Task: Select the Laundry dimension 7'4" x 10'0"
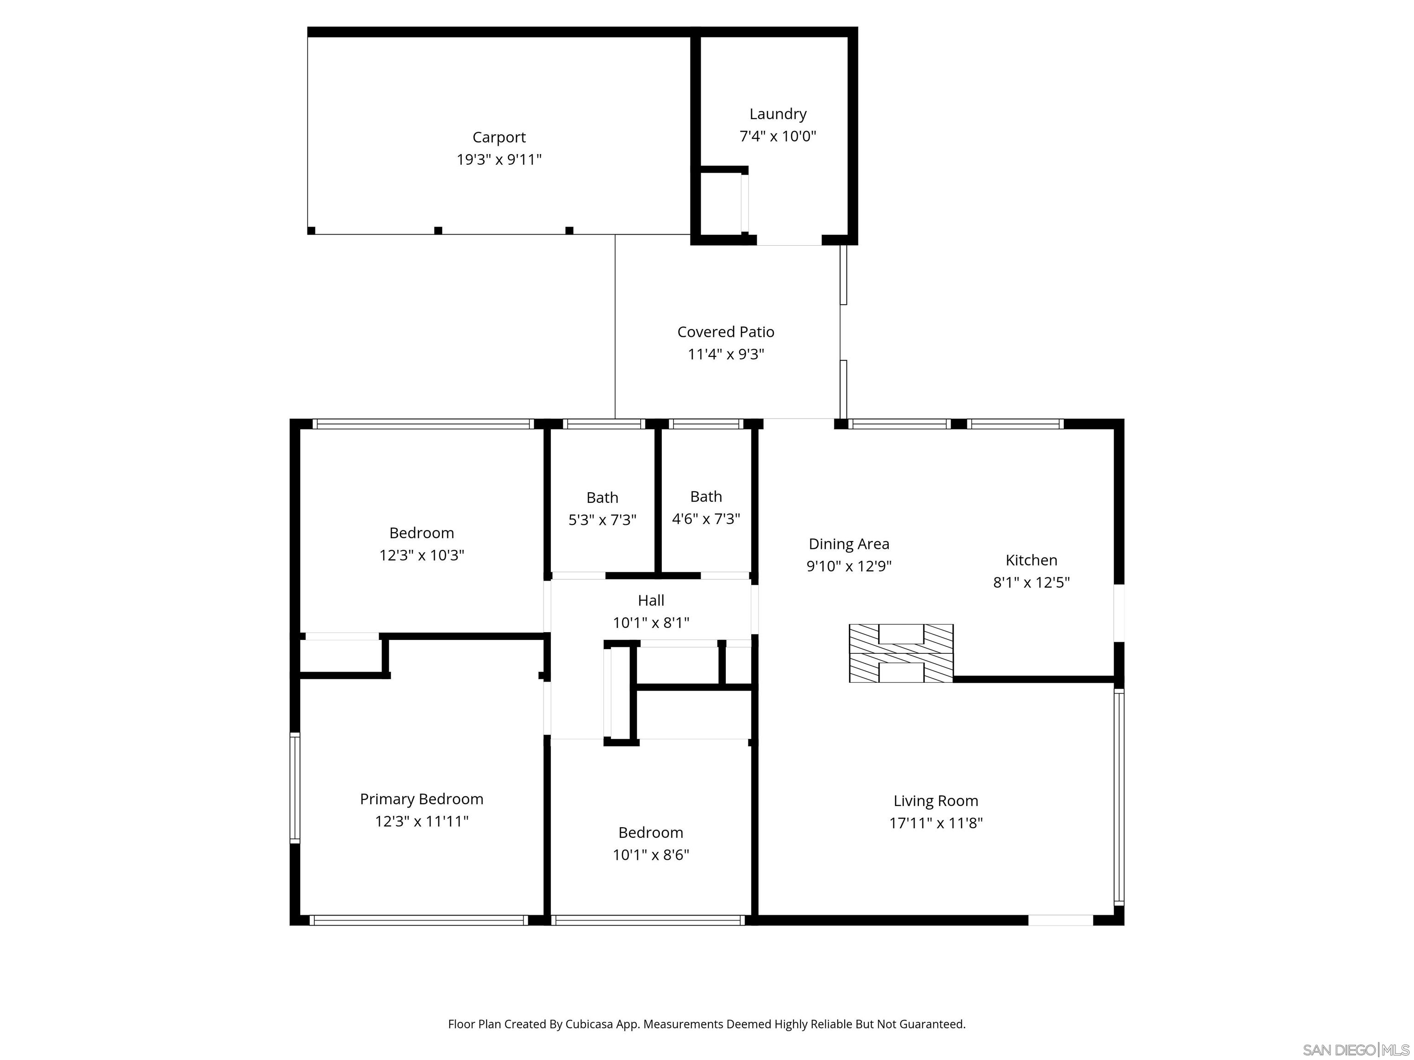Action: [777, 136]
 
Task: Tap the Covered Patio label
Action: [725, 332]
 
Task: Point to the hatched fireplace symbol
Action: [901, 653]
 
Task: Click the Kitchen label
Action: [1031, 560]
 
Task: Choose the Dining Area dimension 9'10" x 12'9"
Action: [848, 566]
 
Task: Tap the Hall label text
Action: [651, 600]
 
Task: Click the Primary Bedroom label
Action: [421, 799]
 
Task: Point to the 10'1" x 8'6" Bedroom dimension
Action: [651, 855]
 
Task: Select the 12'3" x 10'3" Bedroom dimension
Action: [421, 555]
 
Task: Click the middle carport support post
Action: [438, 230]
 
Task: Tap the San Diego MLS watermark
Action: [1355, 1050]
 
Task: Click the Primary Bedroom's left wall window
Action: [295, 788]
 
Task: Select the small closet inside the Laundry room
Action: [721, 202]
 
